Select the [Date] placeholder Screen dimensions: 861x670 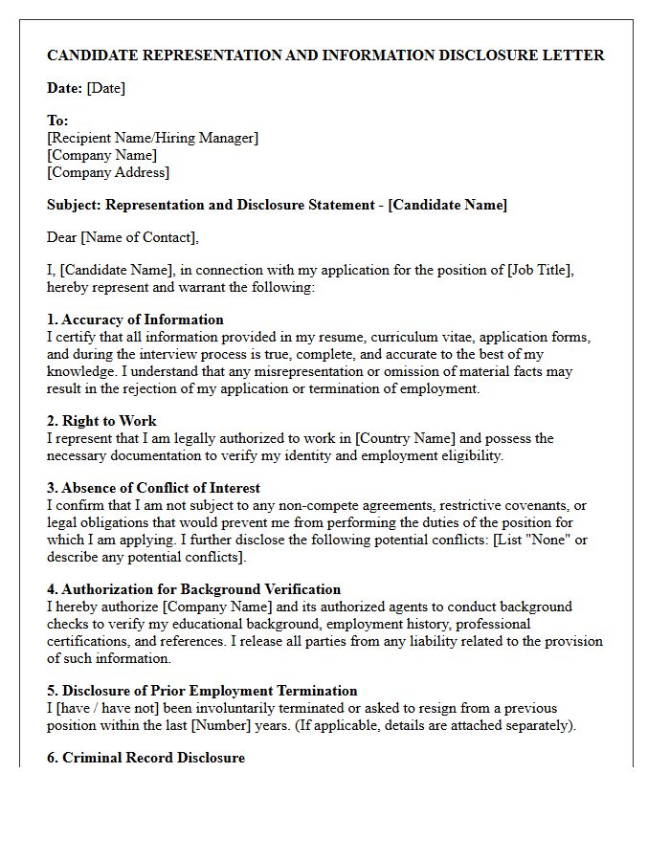105,88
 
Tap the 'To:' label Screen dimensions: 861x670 57,121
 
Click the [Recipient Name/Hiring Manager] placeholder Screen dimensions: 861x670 152,138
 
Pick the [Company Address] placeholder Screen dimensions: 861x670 108,172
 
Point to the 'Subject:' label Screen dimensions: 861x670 74,205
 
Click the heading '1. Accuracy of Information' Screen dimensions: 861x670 135,320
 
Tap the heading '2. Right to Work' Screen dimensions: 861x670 101,421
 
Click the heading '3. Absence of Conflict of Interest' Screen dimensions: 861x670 153,488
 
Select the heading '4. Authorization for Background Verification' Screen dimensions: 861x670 193,589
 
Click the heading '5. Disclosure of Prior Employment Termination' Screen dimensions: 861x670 202,691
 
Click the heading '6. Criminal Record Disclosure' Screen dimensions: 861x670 145,758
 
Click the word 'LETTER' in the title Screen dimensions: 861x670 576,55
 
